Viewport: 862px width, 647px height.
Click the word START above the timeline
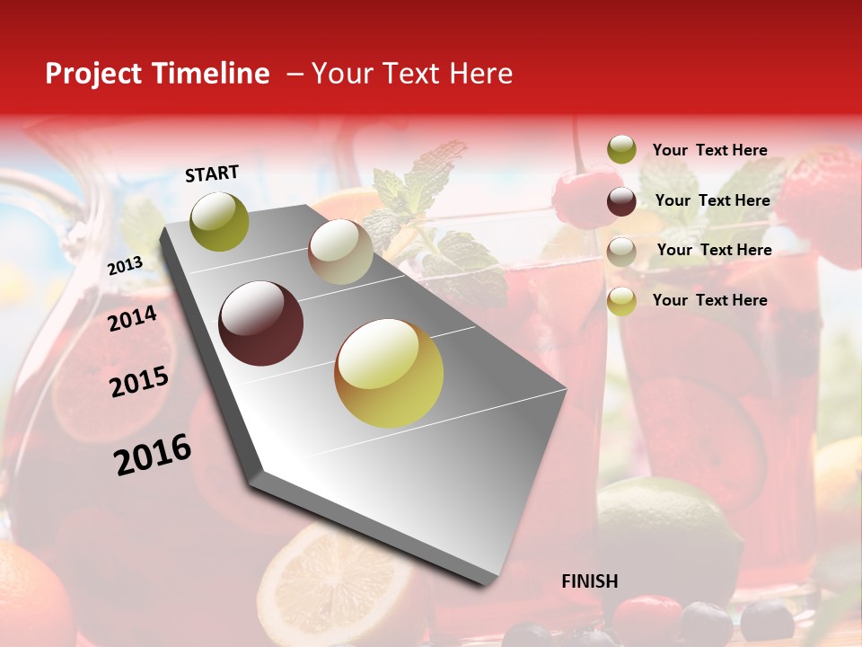[x=212, y=173]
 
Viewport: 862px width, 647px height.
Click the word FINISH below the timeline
[x=590, y=581]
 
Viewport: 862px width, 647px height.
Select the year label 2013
[x=125, y=266]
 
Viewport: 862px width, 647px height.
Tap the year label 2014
[x=133, y=318]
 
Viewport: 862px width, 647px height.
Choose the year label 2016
[x=153, y=454]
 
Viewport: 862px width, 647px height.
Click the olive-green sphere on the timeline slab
[x=219, y=221]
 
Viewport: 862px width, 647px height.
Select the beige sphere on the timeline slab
[x=340, y=252]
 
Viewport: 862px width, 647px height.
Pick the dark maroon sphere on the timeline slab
[x=261, y=323]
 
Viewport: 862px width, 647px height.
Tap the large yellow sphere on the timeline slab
[x=389, y=373]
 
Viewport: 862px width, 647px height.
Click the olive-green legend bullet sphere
[x=621, y=150]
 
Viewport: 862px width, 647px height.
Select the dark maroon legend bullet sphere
[x=621, y=201]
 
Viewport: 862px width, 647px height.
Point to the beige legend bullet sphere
[x=621, y=251]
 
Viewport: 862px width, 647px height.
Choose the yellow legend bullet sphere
[x=621, y=301]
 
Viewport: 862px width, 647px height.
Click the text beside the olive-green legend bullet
[x=709, y=150]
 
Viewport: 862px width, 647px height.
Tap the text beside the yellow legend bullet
[x=709, y=300]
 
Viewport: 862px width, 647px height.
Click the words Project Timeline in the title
[x=157, y=74]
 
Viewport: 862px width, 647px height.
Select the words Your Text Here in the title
[x=412, y=74]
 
